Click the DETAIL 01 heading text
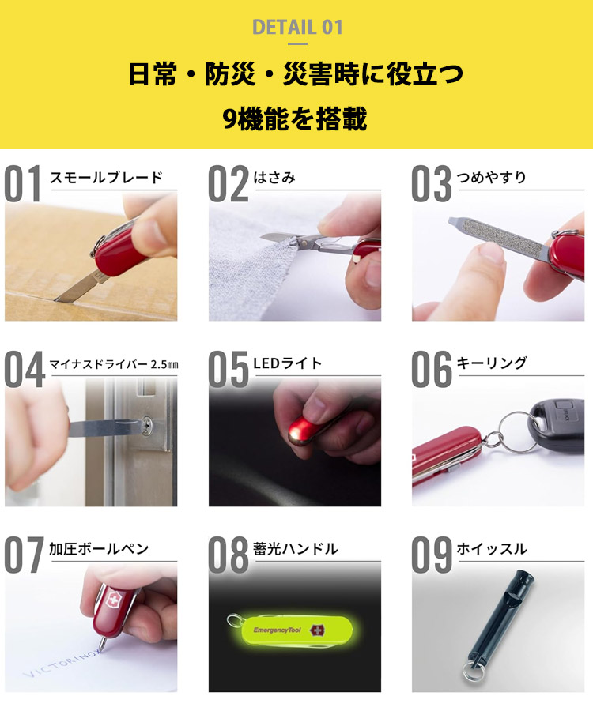(296, 27)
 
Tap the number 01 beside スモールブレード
(24, 183)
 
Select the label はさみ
(274, 178)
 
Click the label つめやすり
(491, 178)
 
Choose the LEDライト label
(288, 363)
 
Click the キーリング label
(491, 363)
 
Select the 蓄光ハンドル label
(296, 549)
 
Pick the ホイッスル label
(491, 549)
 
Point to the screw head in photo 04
(148, 427)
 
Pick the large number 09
(431, 555)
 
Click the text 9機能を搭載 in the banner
(296, 119)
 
